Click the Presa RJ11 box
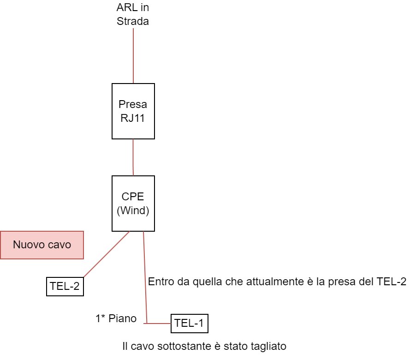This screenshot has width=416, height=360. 133,111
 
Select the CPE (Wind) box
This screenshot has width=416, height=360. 133,204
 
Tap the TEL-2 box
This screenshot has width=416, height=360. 65,287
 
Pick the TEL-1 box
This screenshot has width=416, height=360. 190,324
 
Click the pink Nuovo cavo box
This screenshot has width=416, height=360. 42,245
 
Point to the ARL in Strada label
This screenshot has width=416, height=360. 133,14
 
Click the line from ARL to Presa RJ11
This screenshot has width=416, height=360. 133,56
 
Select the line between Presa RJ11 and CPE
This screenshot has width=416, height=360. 133,157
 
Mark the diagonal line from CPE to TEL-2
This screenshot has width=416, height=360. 107,254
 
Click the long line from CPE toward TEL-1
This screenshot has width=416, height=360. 145,277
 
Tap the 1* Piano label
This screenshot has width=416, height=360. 116,318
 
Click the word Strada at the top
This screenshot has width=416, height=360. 133,21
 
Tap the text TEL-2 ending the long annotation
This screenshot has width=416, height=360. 392,282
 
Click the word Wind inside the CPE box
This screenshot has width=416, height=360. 133,210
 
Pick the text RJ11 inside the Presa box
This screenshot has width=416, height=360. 132,118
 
